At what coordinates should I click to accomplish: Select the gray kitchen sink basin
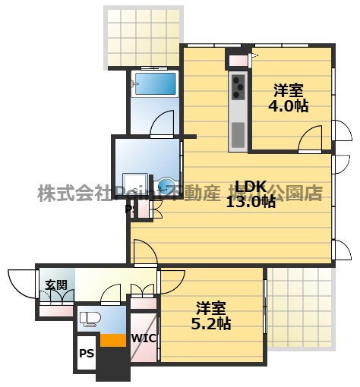click(x=238, y=134)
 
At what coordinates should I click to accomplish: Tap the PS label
click(x=87, y=354)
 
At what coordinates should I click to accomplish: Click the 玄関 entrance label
click(x=55, y=285)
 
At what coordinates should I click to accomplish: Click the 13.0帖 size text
click(x=250, y=202)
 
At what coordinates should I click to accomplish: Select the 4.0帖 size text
click(x=289, y=105)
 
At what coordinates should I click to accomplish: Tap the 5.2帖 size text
click(x=212, y=323)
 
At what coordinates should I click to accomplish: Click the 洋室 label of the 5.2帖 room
click(x=212, y=307)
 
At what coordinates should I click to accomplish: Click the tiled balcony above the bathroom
click(x=144, y=37)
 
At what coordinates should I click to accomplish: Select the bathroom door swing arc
click(x=163, y=123)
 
